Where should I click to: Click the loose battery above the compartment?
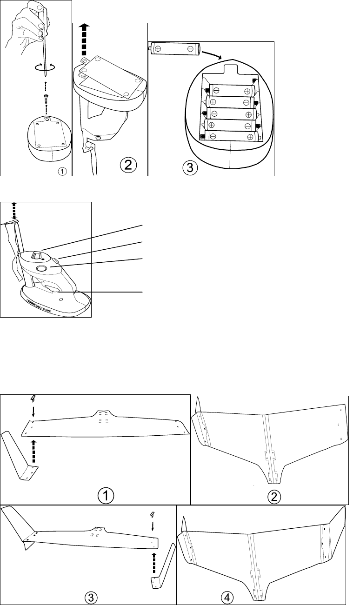click(174, 48)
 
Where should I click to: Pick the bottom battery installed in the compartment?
click(231, 136)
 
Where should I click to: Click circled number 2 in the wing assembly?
click(275, 496)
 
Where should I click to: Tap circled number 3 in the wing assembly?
click(93, 597)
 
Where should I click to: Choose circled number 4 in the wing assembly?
click(227, 597)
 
